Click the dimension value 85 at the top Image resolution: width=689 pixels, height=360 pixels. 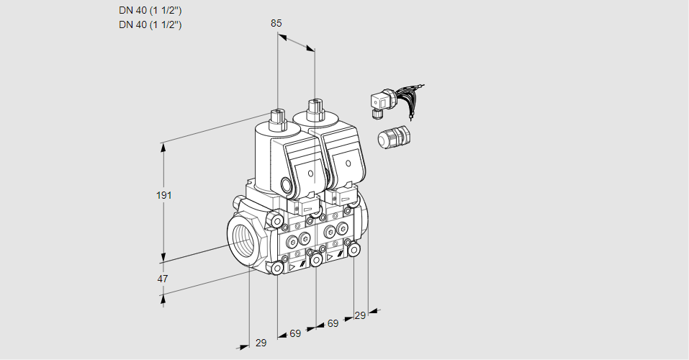pyautogui.click(x=276, y=23)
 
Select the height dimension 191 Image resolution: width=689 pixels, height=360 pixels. pyautogui.click(x=164, y=195)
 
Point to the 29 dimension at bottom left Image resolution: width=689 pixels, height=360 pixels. pyautogui.click(x=261, y=343)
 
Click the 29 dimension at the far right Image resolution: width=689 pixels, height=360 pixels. pyautogui.click(x=360, y=315)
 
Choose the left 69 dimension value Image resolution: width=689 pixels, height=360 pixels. pyautogui.click(x=295, y=333)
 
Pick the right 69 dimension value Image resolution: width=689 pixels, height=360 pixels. pyautogui.click(x=333, y=324)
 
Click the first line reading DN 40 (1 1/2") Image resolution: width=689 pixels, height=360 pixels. pyautogui.click(x=150, y=11)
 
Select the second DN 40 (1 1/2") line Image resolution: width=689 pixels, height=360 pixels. pyautogui.click(x=150, y=24)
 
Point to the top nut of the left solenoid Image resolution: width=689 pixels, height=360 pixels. pyautogui.click(x=277, y=116)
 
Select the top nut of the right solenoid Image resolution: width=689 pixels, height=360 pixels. pyautogui.click(x=314, y=109)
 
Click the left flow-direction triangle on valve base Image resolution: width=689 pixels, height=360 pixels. pyautogui.click(x=292, y=266)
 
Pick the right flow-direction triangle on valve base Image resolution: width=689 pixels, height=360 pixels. pyautogui.click(x=330, y=256)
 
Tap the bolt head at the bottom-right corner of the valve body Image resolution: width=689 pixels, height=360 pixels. pyautogui.click(x=354, y=249)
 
